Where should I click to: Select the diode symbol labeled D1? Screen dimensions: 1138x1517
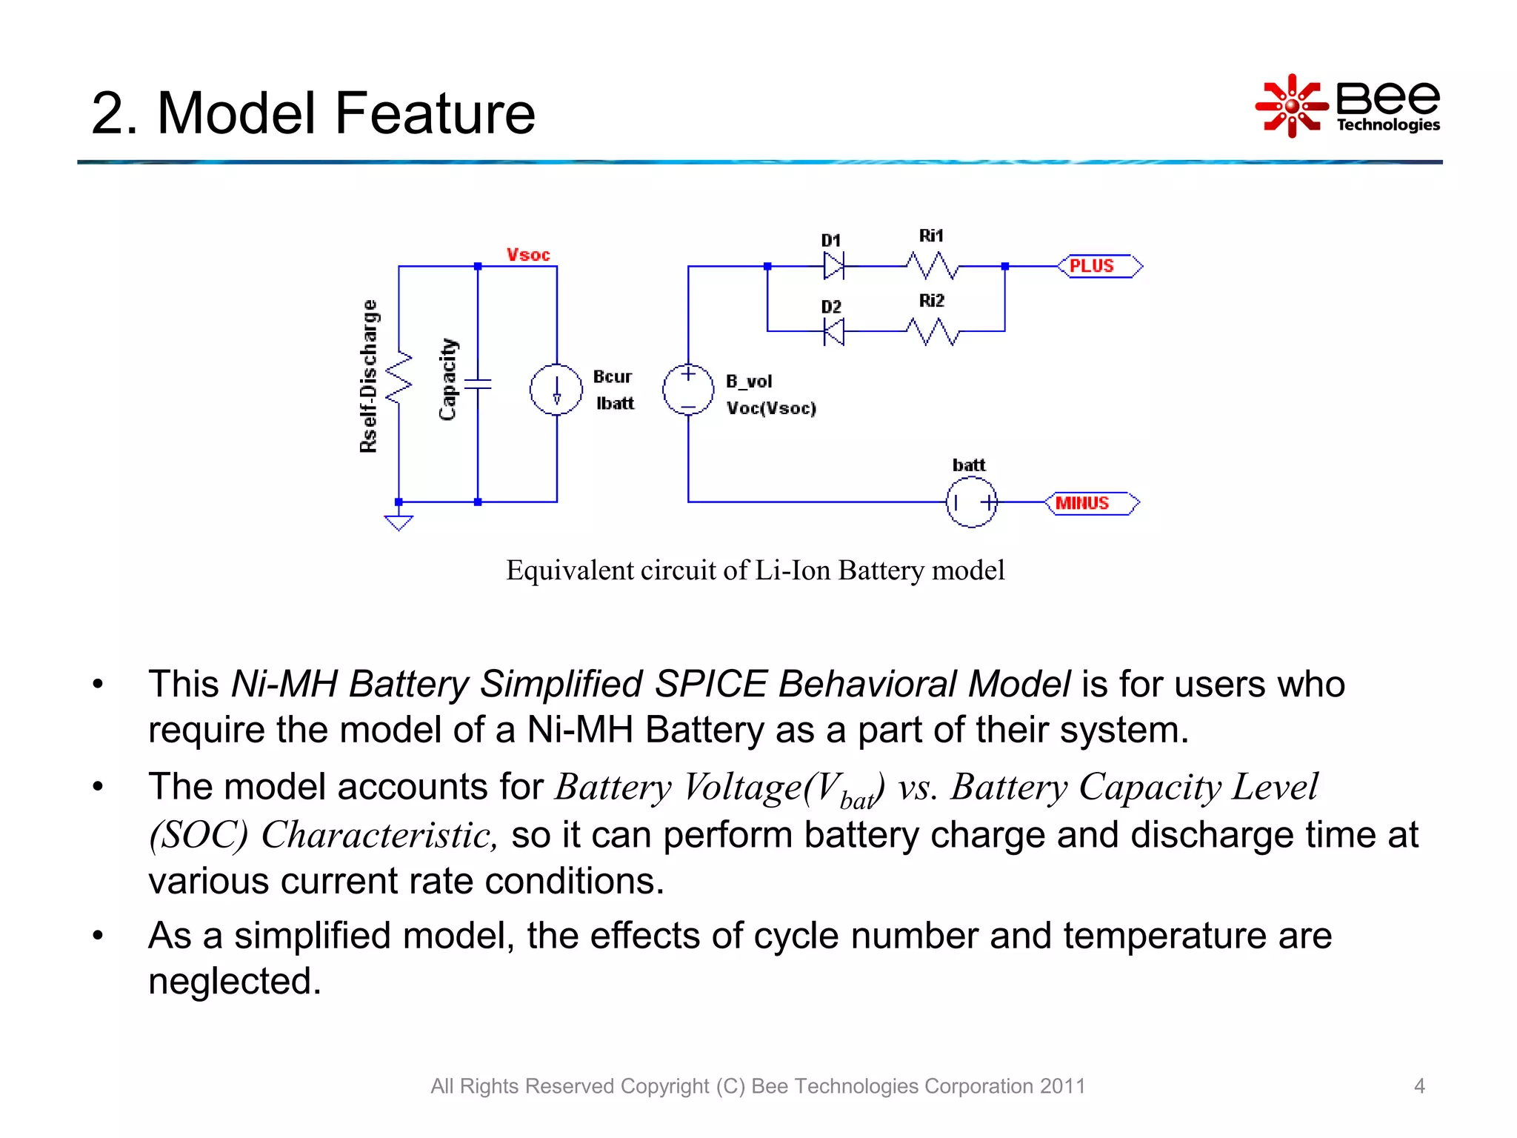(834, 265)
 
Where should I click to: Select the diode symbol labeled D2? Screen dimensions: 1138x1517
(834, 331)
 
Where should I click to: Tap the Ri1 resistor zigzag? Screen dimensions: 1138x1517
(932, 265)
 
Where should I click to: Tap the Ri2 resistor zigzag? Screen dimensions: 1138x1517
(932, 331)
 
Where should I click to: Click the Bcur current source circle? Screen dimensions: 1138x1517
(556, 390)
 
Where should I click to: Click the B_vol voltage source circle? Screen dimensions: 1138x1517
(688, 390)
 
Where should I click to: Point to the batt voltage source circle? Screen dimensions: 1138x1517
(971, 502)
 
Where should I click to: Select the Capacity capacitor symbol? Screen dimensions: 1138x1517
(478, 384)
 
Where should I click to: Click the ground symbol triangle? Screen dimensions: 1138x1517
(399, 523)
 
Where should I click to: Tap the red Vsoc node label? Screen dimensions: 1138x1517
(528, 255)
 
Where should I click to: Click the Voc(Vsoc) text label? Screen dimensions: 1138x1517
(771, 408)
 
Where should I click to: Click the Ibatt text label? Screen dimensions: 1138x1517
(615, 404)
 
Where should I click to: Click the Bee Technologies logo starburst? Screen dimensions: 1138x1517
(1291, 106)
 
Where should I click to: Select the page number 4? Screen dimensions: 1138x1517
(1419, 1086)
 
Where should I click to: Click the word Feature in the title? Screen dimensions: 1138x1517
(435, 113)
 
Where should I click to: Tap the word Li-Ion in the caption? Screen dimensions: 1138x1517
(793, 570)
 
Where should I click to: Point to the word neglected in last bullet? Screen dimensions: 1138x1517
(234, 982)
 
